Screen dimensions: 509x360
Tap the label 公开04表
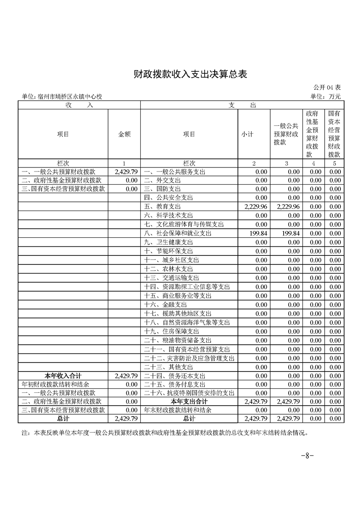point(327,87)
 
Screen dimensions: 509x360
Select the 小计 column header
point(247,134)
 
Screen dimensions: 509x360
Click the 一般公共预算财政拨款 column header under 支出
point(286,134)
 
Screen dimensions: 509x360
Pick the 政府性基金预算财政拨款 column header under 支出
point(312,134)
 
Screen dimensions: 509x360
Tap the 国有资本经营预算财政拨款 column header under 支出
point(335,134)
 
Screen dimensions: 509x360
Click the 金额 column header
point(124,134)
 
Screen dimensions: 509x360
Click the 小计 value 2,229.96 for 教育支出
point(256,207)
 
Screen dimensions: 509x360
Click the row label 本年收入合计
point(63,375)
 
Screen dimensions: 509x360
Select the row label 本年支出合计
point(189,401)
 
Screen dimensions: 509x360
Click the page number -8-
point(308,456)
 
